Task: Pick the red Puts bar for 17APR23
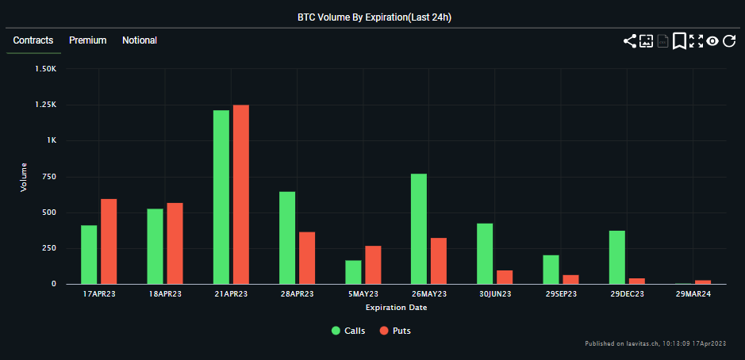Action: point(109,241)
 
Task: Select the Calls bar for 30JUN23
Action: point(485,254)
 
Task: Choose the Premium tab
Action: point(87,40)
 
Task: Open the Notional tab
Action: point(140,40)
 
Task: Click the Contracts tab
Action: point(33,40)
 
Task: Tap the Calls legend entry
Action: point(348,330)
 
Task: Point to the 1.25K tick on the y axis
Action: point(45,105)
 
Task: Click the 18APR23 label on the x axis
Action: point(165,294)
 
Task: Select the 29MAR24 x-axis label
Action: point(693,294)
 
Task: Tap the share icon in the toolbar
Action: point(629,41)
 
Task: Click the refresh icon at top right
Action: point(729,41)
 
